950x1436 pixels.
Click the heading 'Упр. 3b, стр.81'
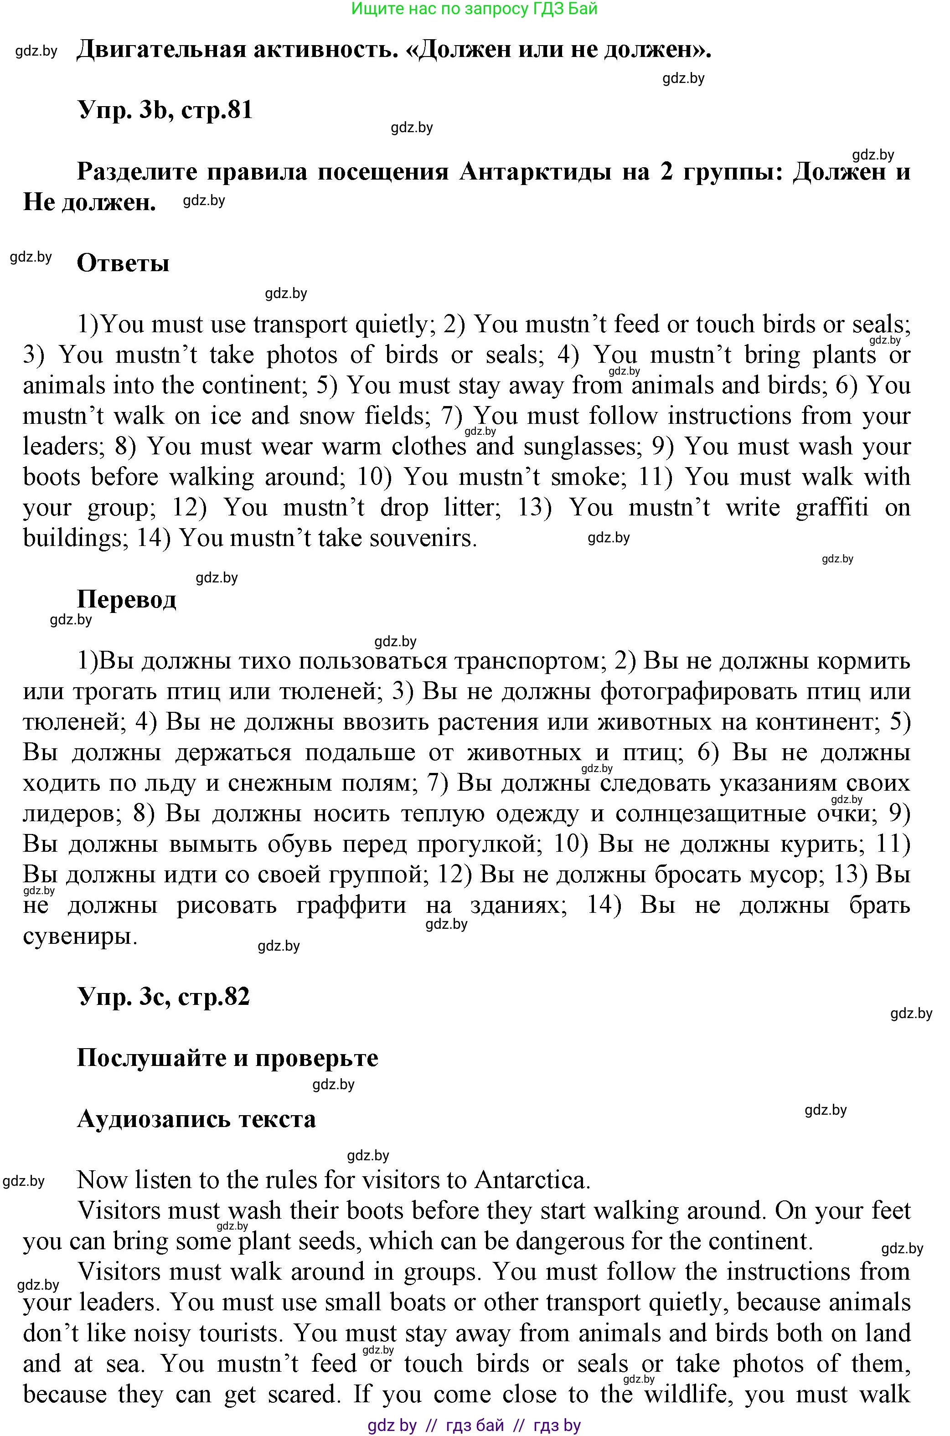[165, 111]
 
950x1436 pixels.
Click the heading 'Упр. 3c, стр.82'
[164, 996]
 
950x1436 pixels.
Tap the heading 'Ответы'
[123, 263]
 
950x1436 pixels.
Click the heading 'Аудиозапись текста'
[196, 1119]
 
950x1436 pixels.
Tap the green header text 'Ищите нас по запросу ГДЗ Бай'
[475, 9]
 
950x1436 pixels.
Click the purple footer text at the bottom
[475, 1425]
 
